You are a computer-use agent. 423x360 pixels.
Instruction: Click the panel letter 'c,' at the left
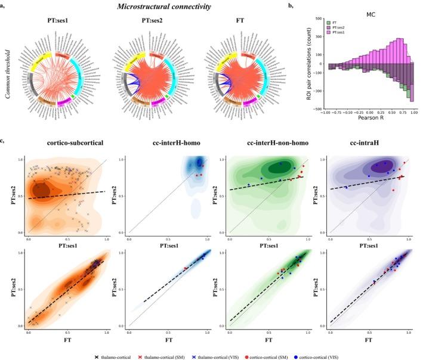coord(5,141)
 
